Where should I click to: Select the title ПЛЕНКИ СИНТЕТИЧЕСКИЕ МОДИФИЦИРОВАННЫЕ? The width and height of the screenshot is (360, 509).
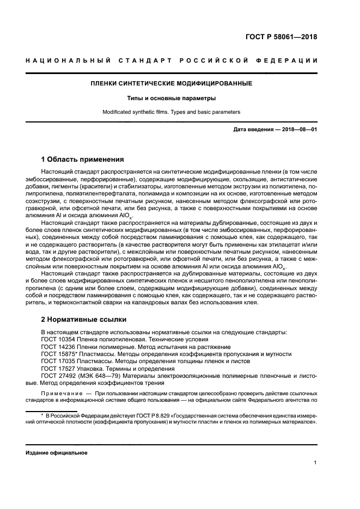point(170,83)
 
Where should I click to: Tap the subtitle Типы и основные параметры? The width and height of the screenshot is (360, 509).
point(170,99)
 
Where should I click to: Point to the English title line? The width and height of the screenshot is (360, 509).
point(170,112)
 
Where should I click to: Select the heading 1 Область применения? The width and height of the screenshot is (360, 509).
point(82,160)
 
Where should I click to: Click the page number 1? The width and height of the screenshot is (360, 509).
point(316,463)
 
